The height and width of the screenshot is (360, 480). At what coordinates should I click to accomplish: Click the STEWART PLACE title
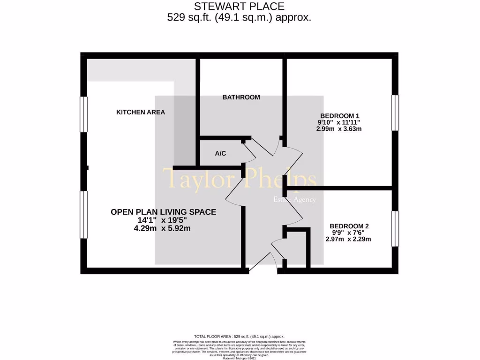[x=240, y=7]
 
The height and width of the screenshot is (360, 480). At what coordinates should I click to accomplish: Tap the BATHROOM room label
[x=241, y=97]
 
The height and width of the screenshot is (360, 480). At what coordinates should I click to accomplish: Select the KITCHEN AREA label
[x=141, y=112]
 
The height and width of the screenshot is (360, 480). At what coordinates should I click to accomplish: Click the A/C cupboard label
[x=221, y=153]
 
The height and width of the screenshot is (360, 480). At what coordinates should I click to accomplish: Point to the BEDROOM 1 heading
[x=340, y=116]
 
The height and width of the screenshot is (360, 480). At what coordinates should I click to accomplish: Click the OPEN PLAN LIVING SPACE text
[x=163, y=212]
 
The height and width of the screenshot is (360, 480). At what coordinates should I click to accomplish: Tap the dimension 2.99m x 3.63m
[x=340, y=129]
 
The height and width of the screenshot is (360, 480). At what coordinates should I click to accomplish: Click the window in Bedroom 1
[x=395, y=113]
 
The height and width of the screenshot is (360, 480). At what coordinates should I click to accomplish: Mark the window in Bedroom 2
[x=395, y=228]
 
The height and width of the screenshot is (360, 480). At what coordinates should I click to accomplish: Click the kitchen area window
[x=84, y=114]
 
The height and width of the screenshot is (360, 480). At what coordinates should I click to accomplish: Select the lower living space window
[x=84, y=215]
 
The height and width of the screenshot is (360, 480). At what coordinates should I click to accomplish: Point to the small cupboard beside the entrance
[x=296, y=248]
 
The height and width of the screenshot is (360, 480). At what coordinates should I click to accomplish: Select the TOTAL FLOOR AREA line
[x=240, y=337]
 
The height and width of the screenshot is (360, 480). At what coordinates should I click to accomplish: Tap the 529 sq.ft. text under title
[x=240, y=18]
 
